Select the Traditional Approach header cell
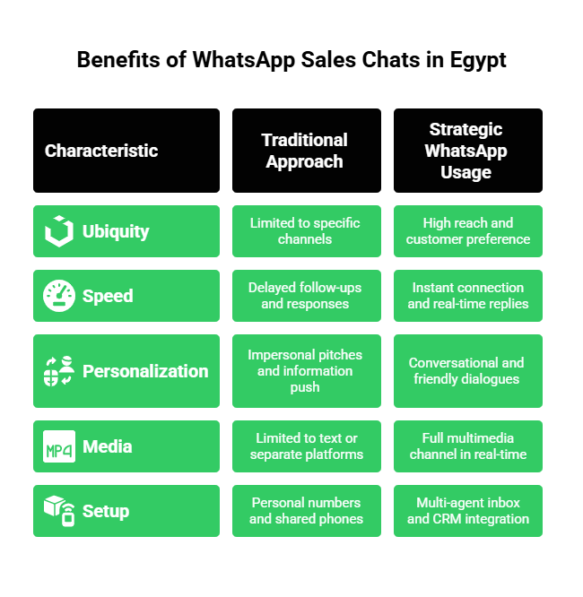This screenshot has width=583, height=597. pyautogui.click(x=305, y=151)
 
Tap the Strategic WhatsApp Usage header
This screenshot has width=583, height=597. pyautogui.click(x=466, y=151)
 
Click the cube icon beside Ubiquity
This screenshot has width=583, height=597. pyautogui.click(x=59, y=231)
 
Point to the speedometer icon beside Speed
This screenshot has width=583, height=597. pyautogui.click(x=59, y=296)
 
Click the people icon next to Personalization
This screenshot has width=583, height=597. pyautogui.click(x=59, y=371)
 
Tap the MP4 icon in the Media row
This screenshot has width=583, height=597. pyautogui.click(x=59, y=446)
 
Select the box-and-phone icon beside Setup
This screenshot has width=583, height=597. pyautogui.click(x=59, y=511)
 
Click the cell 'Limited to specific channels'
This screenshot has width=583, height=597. pyautogui.click(x=305, y=231)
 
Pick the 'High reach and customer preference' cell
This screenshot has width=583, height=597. pyautogui.click(x=467, y=231)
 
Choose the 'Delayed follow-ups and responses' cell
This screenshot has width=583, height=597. pyautogui.click(x=305, y=296)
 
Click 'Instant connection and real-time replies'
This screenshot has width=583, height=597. pyautogui.click(x=467, y=296)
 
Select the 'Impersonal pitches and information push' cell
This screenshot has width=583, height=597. pyautogui.click(x=305, y=371)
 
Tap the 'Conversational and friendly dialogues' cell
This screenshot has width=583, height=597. pyautogui.click(x=467, y=371)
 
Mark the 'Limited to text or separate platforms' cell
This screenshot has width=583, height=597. pyautogui.click(x=305, y=446)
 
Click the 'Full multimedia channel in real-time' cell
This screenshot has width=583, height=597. pyautogui.click(x=467, y=446)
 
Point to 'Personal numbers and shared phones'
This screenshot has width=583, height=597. pyautogui.click(x=305, y=511)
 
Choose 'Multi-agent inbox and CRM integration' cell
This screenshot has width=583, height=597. pyautogui.click(x=467, y=511)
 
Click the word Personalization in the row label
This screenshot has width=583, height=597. pyautogui.click(x=145, y=371)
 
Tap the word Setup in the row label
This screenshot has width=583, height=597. pyautogui.click(x=106, y=511)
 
